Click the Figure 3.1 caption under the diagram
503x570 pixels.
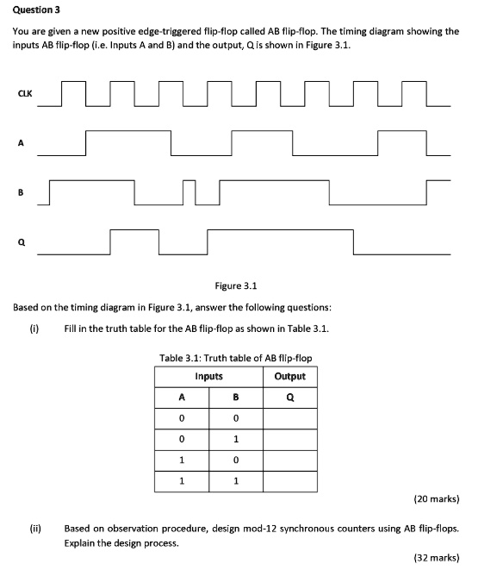(x=236, y=285)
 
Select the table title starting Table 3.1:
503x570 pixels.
(x=236, y=358)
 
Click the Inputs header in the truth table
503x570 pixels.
(x=208, y=376)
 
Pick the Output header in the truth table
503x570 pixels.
(x=289, y=376)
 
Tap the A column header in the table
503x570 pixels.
(x=181, y=398)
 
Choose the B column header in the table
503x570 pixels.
(x=235, y=398)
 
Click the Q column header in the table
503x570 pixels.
(x=289, y=398)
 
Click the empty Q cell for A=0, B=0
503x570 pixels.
(x=289, y=419)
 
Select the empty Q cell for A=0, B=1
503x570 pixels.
(x=289, y=440)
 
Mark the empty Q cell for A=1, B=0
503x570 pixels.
(x=289, y=460)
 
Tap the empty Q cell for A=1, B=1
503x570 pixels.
(x=289, y=481)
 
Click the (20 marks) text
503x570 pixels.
(x=437, y=498)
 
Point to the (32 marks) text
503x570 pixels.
(x=437, y=558)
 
